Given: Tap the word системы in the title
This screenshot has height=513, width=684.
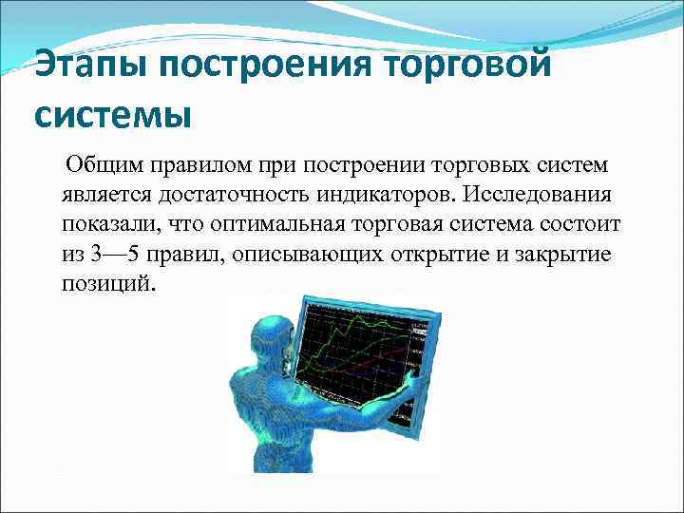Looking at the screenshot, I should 113,115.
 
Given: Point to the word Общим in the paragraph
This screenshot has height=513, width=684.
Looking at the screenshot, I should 99,166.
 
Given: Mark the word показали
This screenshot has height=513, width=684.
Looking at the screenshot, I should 106,226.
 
